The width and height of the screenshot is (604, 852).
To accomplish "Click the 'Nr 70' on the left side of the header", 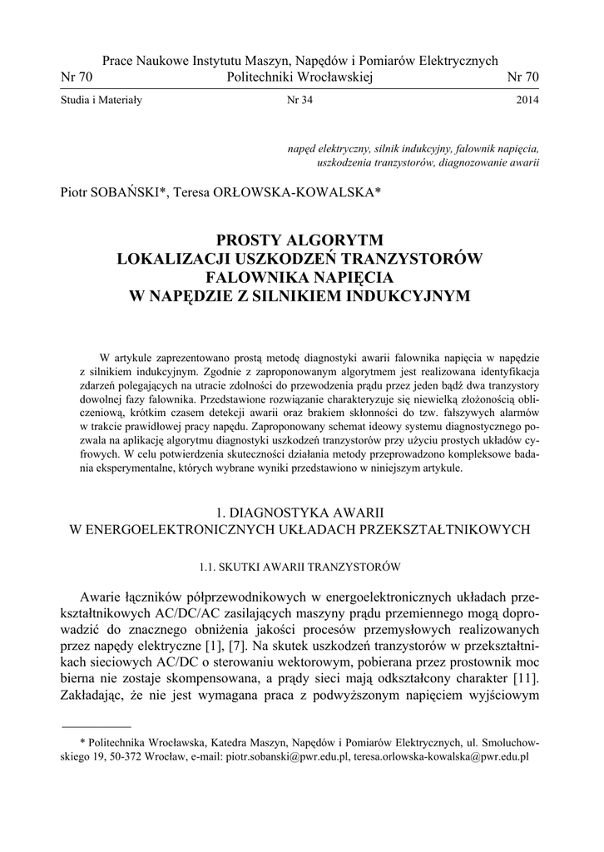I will click(x=77, y=77).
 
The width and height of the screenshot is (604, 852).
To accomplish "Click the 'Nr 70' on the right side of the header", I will click(x=523, y=77).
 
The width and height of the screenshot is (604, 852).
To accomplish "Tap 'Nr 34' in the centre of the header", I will click(x=300, y=101).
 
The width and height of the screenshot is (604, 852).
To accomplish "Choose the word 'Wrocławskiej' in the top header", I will click(x=333, y=77).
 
